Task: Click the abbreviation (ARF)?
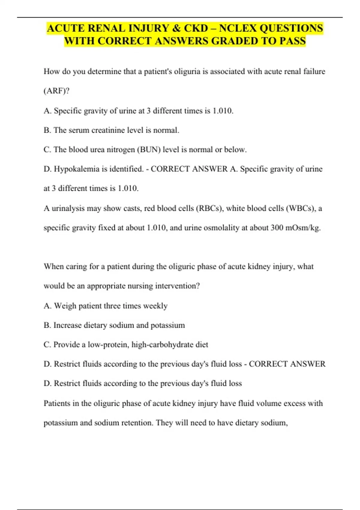pyautogui.click(x=56, y=91)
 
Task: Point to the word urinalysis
pyautogui.click(x=68, y=208)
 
